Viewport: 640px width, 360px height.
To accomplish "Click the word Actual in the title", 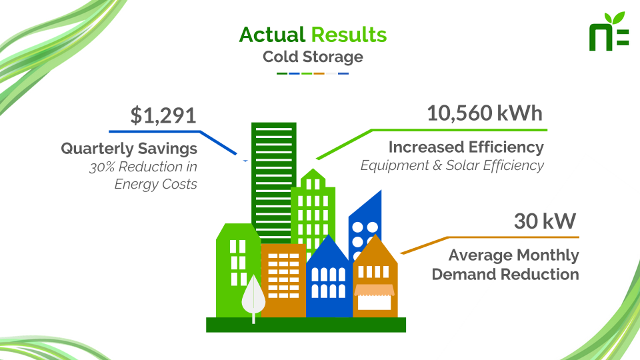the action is [x=272, y=35].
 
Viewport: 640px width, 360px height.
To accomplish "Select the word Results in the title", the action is [x=349, y=35].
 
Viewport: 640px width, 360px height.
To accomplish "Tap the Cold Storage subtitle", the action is [x=313, y=57].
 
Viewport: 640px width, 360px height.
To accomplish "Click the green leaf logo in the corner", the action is [x=608, y=31].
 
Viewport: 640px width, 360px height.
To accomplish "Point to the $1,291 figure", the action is [x=163, y=115].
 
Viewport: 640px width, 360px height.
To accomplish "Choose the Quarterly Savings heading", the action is [x=129, y=149].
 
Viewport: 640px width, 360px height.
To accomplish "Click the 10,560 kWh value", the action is [x=485, y=113].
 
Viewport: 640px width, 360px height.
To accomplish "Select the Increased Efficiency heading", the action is [x=466, y=147].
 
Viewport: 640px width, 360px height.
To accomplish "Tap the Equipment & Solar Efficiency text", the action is [x=452, y=165].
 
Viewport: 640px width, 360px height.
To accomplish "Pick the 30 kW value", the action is [x=545, y=221].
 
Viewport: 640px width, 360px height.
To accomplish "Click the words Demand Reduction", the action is [x=505, y=274].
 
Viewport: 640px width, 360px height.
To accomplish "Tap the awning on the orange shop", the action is [x=374, y=290].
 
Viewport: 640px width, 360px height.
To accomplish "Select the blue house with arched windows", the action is [x=329, y=277].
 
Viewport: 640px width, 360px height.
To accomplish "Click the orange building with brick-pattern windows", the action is [x=283, y=280].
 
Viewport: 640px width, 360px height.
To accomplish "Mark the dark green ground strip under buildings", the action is [x=306, y=325].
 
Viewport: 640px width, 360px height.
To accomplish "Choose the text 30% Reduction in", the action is [x=143, y=167].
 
